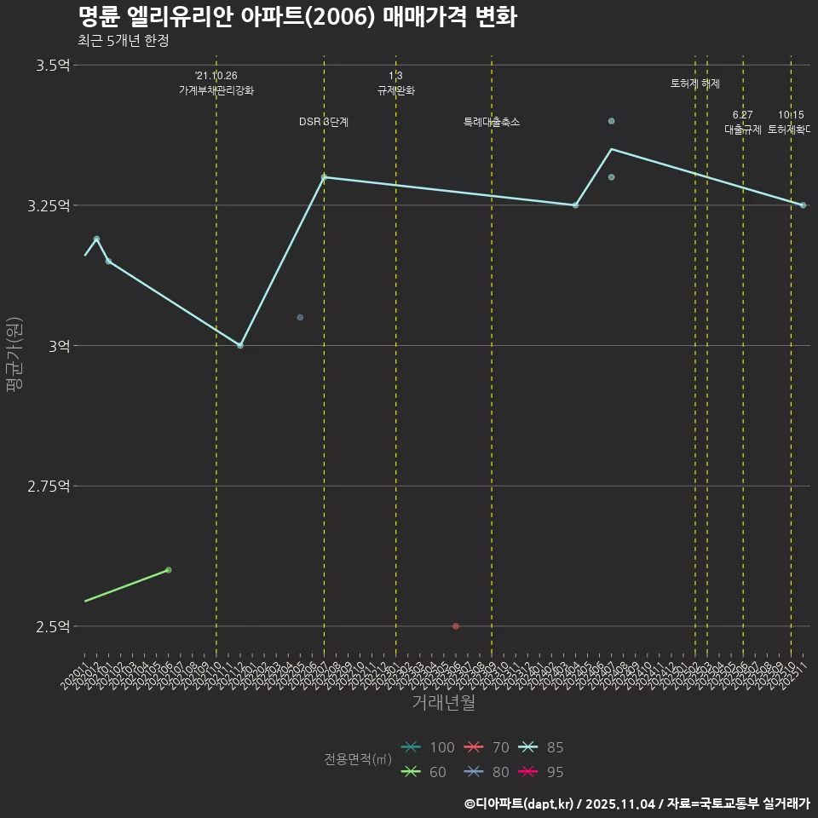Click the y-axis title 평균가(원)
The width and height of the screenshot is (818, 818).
[x=14, y=354]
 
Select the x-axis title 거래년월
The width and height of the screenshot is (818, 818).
[x=443, y=702]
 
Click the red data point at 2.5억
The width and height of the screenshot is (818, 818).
[x=456, y=626]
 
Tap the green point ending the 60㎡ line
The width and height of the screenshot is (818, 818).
[x=168, y=569]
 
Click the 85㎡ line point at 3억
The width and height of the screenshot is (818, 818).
[x=240, y=345]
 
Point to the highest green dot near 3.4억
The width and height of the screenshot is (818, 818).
[x=611, y=121]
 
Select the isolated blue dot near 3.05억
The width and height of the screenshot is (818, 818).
[x=300, y=317]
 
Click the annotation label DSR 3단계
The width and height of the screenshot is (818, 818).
[x=324, y=123]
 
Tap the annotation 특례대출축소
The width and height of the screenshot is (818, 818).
[x=492, y=123]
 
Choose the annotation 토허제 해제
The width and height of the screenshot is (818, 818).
[x=695, y=84]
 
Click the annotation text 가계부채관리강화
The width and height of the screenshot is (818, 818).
[x=216, y=90]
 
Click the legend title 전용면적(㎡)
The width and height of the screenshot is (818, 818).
[x=358, y=759]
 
